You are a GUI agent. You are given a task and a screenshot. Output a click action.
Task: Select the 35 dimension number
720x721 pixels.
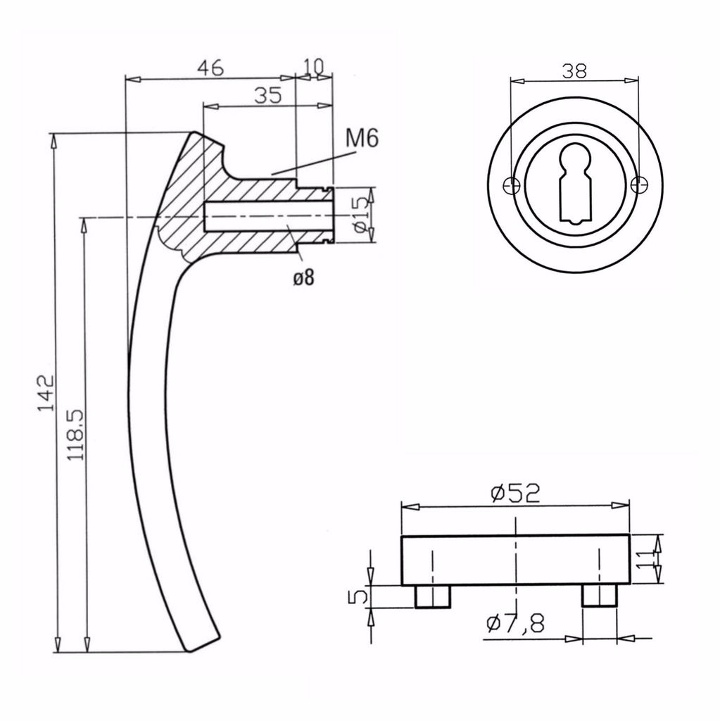(267, 96)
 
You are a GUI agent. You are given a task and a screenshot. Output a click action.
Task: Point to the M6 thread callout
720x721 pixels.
(362, 139)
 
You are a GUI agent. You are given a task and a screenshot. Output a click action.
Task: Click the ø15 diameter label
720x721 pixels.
(360, 215)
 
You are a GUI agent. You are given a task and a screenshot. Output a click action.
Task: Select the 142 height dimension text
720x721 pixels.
(46, 393)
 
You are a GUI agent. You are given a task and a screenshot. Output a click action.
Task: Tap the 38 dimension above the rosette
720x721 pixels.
(575, 70)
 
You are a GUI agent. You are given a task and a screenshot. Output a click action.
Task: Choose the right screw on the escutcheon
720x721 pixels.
(638, 185)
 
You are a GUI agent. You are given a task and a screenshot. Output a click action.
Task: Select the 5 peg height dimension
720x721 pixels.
(358, 596)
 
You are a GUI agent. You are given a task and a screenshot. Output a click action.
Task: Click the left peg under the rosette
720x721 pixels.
(432, 596)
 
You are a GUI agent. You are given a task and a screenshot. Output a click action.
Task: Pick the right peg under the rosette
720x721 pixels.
(599, 596)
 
